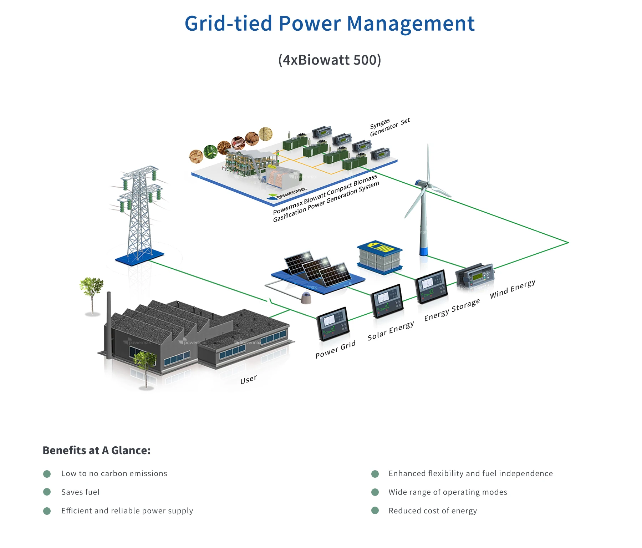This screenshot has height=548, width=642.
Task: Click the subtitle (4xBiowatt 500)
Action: [330, 60]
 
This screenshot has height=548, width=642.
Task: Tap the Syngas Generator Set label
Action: [389, 127]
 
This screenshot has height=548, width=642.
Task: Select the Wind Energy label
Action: [512, 289]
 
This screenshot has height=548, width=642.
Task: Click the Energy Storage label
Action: [452, 310]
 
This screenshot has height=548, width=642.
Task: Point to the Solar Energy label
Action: [391, 331]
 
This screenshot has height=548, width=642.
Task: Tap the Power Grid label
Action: [335, 349]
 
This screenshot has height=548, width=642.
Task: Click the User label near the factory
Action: [248, 379]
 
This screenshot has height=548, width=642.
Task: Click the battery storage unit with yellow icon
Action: [380, 256]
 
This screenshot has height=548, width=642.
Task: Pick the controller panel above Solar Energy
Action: [387, 301]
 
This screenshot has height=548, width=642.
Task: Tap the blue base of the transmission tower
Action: [139, 257]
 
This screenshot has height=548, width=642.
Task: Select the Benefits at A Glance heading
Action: [96, 450]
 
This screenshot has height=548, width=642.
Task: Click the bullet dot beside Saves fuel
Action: [47, 492]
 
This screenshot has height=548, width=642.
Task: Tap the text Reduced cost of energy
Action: [432, 511]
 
